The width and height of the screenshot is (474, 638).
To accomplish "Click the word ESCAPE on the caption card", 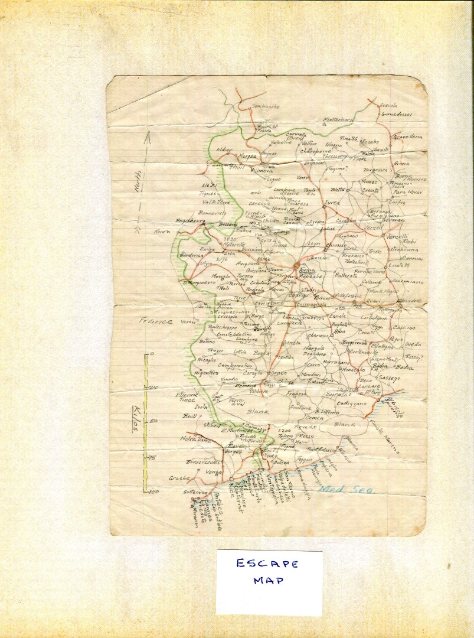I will click(x=267, y=564).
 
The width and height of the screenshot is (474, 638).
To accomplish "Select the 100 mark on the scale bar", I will click(x=155, y=491).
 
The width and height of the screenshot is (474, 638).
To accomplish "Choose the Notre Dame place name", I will click(x=195, y=439).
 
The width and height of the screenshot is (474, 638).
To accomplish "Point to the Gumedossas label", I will click(x=395, y=114).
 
